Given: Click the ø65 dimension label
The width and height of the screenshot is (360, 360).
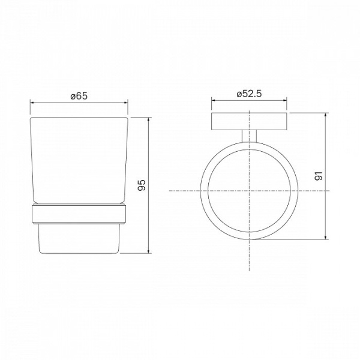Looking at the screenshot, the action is coord(79,96).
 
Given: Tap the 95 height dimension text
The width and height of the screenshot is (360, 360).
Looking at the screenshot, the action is coord(142,185).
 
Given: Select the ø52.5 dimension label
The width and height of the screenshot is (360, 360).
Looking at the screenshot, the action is coord(249,94).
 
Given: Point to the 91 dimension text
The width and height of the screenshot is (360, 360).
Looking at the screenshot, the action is coord(319,176).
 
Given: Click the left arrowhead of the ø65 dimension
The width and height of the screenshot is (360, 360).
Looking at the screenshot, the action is coord(32,103).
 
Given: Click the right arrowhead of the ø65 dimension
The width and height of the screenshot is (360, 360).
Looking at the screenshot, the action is coord(126,103).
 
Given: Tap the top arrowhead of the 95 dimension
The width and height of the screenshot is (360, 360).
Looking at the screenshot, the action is coord(149,119).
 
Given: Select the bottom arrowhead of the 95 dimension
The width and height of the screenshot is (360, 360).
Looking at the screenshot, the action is coord(149,251).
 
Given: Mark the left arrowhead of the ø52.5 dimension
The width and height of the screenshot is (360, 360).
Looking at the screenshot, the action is coord(214,100).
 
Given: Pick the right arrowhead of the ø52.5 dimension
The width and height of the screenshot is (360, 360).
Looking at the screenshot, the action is coord(284,100).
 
